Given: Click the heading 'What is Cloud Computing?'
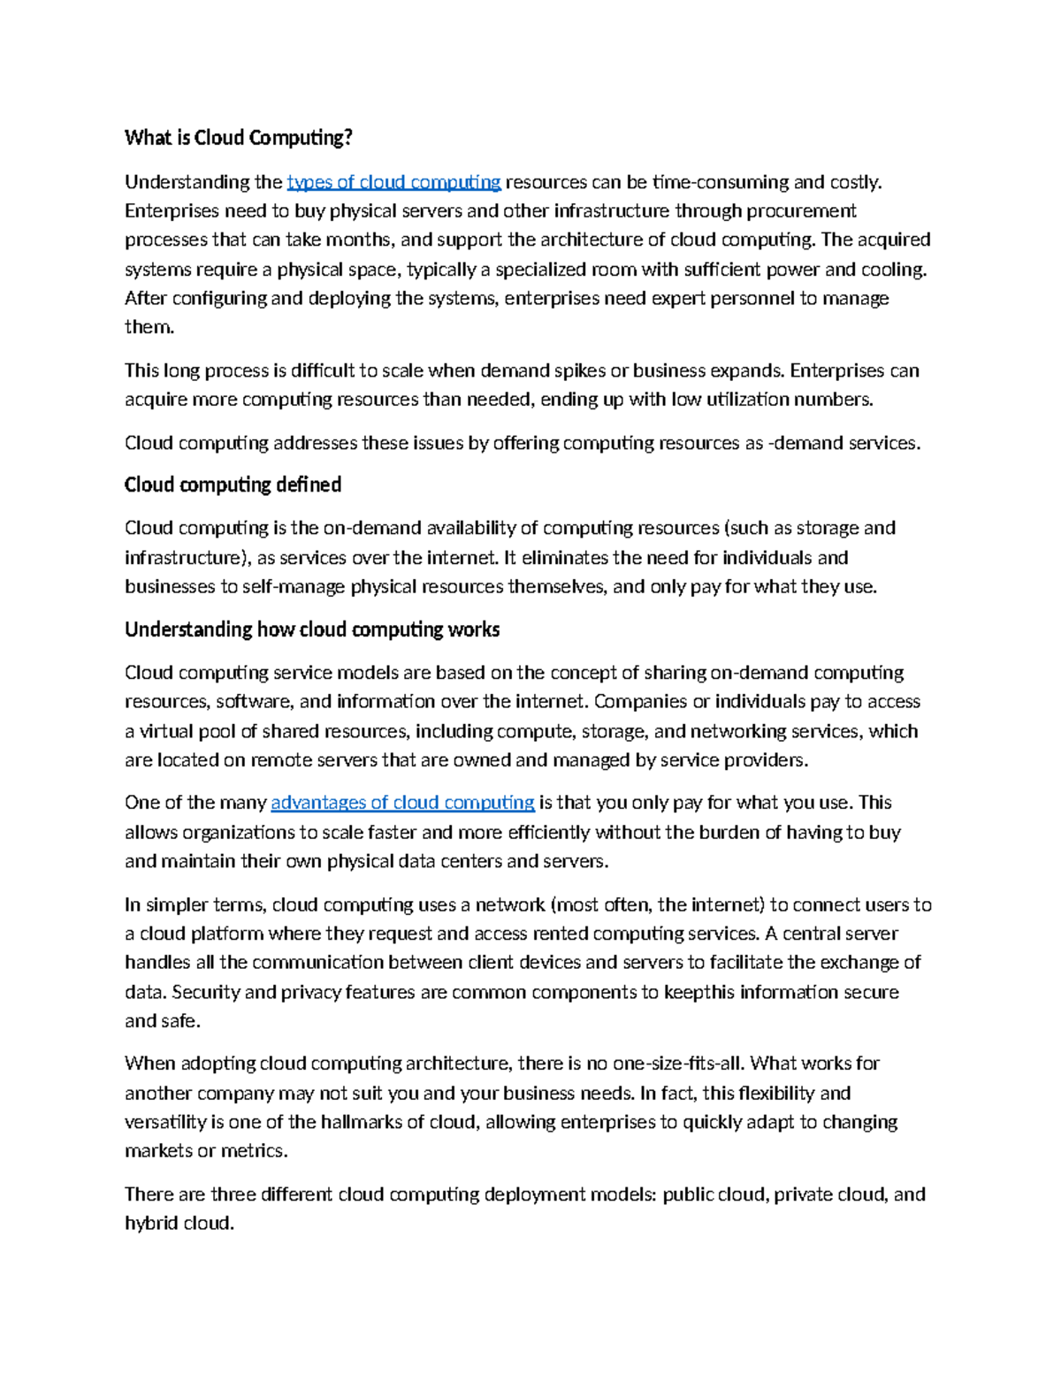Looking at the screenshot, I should (239, 138).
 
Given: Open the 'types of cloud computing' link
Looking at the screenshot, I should (394, 182).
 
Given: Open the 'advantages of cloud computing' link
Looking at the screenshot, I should (402, 803).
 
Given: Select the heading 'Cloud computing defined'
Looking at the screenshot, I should (233, 484).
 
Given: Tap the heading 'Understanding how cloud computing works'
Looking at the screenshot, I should (312, 629).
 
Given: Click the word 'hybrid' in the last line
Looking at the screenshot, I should (151, 1224).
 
